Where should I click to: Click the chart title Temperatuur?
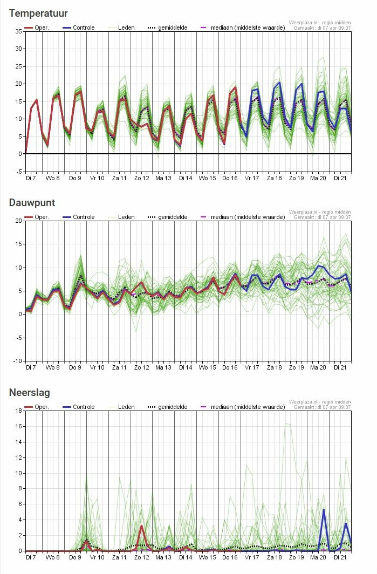[38, 13]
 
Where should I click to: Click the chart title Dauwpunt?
[32, 203]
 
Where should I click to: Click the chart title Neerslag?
[30, 393]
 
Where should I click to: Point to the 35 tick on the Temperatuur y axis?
[18, 31]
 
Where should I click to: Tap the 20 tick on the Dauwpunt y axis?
[18, 221]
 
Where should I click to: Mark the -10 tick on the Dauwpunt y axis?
[17, 361]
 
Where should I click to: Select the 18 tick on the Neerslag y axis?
[18, 411]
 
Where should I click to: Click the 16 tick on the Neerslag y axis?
[18, 426]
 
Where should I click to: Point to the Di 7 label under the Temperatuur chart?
[32, 177]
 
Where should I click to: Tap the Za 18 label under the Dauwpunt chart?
[275, 367]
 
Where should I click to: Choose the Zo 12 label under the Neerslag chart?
[142, 557]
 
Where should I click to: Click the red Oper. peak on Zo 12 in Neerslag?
[142, 525]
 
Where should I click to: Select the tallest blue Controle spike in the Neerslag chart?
[324, 510]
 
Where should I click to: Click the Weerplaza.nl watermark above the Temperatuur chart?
[320, 23]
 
